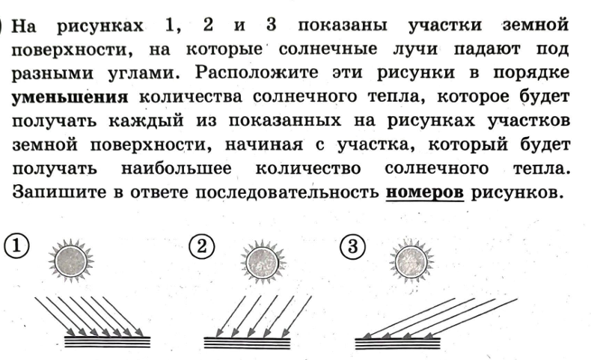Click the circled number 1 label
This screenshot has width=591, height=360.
pos(15,245)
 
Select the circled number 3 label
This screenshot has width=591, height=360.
pos(349,245)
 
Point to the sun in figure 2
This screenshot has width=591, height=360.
pos(262,261)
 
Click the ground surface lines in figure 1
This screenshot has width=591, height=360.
pos(107,342)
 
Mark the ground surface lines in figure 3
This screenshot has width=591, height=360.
pos(396,342)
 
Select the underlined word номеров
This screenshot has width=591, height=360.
pos(424,192)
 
